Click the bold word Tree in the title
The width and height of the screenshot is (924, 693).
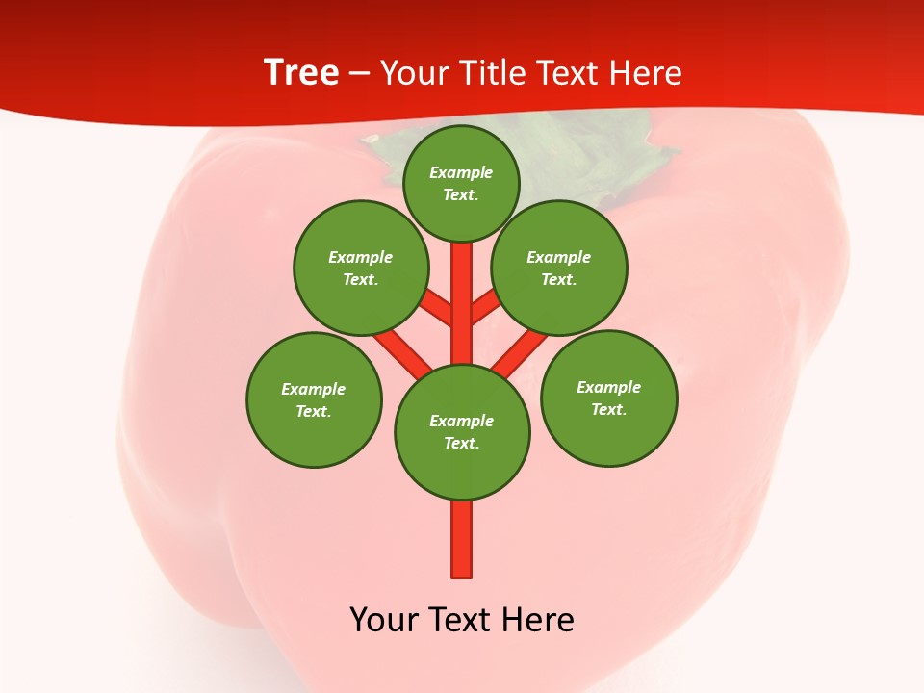point(301,72)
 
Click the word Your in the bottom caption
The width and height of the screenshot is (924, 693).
point(384,620)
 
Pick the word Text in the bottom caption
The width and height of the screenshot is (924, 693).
point(460,620)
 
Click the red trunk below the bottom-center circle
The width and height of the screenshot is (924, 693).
point(462,539)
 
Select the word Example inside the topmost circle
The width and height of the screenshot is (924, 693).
point(461,172)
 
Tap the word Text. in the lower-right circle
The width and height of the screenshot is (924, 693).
point(608,409)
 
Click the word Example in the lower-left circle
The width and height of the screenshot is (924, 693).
point(313,389)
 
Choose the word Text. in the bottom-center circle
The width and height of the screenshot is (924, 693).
point(461,443)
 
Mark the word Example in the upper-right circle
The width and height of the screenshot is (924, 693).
point(558,257)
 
